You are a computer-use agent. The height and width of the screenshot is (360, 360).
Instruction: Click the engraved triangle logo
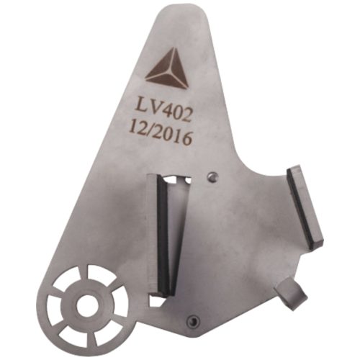click(x=168, y=70)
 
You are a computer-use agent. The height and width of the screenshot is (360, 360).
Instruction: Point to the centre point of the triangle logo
click(x=170, y=72)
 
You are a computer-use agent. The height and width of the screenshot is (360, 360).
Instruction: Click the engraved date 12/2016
click(x=161, y=135)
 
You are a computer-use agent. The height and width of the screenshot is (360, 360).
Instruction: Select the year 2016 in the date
click(x=174, y=138)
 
